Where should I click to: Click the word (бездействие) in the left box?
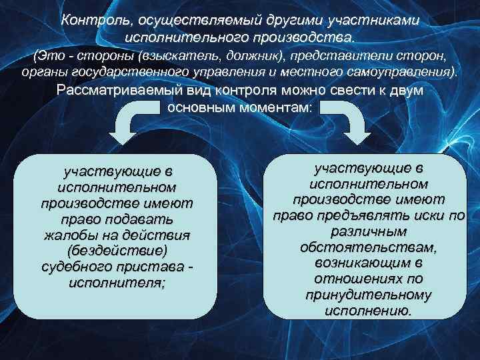pyautogui.click(x=118, y=251)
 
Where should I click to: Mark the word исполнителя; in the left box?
pyautogui.click(x=118, y=283)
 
